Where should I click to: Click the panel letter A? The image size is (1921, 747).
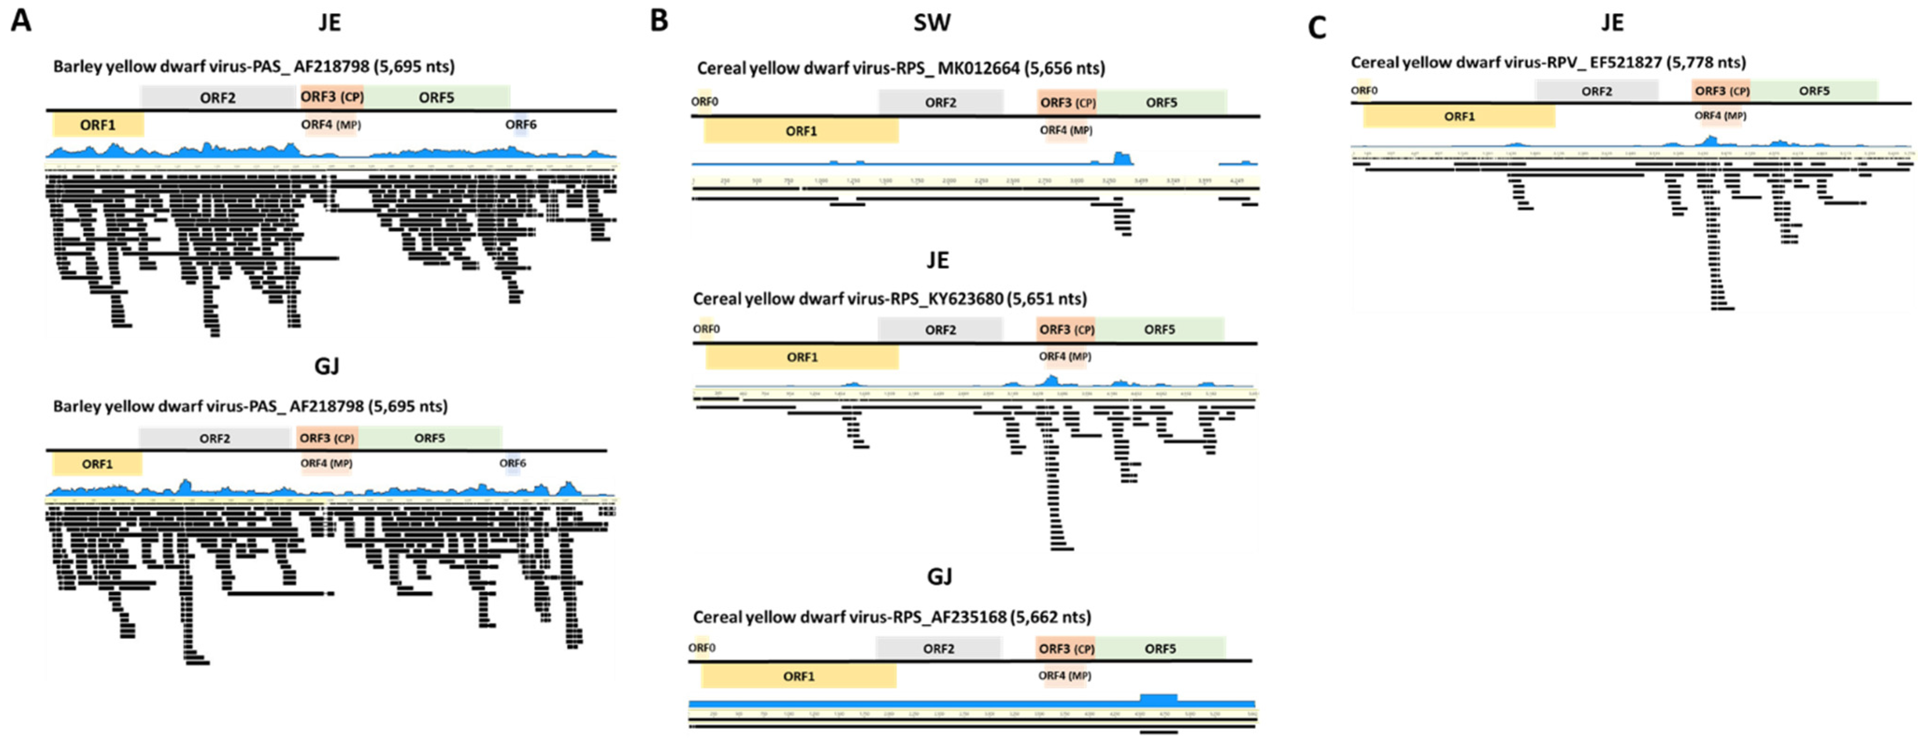tap(21, 20)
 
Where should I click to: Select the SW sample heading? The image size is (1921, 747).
tap(932, 22)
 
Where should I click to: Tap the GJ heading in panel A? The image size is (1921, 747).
tap(327, 366)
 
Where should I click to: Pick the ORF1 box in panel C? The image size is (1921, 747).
tap(1459, 116)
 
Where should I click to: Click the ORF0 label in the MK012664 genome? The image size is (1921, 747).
tap(704, 101)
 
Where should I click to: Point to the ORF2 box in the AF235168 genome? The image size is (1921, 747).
tap(938, 648)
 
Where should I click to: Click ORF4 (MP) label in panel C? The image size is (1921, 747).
tap(1720, 115)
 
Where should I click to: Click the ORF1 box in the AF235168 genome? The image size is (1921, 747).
tap(798, 676)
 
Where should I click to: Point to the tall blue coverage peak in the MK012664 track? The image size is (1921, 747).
tap(1121, 158)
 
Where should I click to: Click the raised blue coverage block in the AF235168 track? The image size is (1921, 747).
tap(1158, 698)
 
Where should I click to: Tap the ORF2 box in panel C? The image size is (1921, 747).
tap(1597, 91)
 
